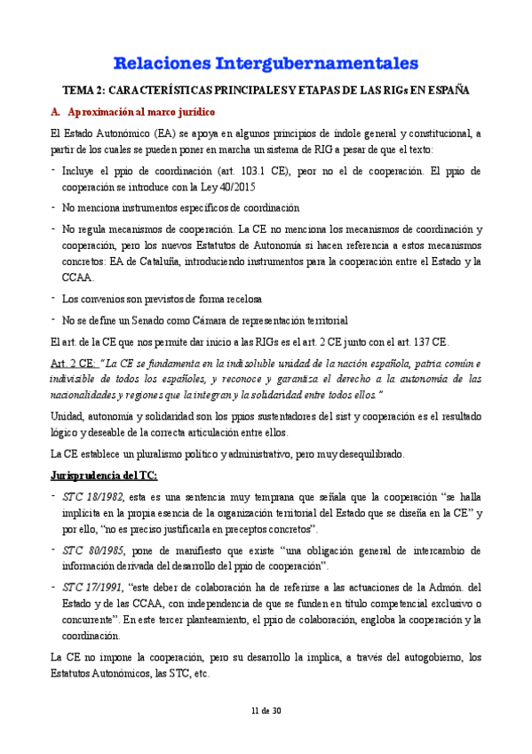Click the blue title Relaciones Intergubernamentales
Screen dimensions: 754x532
point(266,63)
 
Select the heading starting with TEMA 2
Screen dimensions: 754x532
point(266,90)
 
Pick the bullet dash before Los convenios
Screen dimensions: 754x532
point(53,298)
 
